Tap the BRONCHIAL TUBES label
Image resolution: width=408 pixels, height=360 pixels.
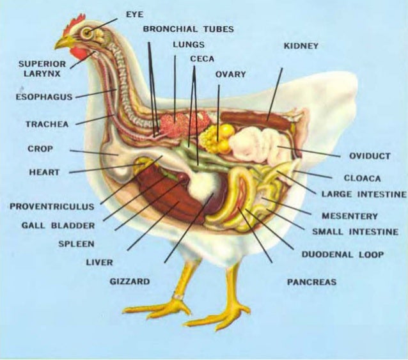point(188,29)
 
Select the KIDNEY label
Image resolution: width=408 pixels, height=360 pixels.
point(301,46)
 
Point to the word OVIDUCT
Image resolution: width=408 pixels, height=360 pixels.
point(369,156)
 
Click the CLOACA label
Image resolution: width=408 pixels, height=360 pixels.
point(362,178)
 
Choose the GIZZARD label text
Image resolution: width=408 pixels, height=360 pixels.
point(129,281)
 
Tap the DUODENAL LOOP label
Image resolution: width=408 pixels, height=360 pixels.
point(342,254)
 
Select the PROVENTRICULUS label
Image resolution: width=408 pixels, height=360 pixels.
point(52,207)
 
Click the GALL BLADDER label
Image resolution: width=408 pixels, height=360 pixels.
point(58,225)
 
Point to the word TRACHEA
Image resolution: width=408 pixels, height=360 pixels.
point(47,124)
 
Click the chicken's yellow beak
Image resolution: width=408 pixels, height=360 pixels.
point(63,43)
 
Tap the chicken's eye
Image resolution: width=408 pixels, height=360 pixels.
point(86,33)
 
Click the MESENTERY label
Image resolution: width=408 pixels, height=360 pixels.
point(349,216)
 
